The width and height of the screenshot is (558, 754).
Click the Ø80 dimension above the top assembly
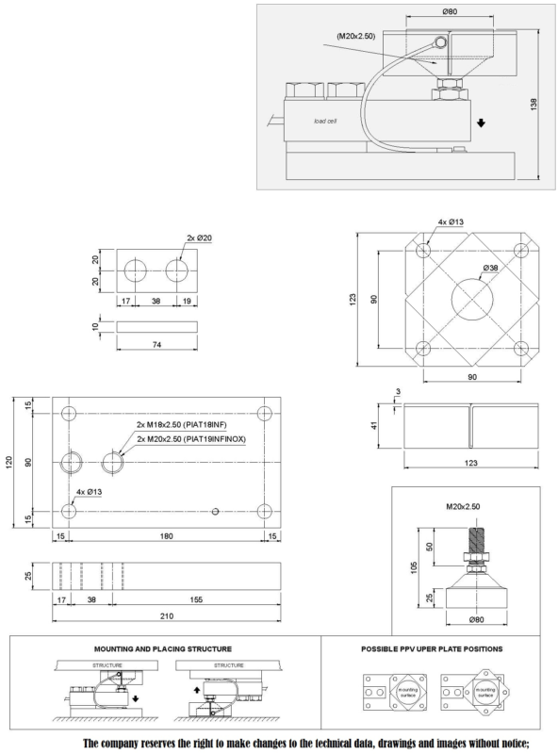(x=450, y=11)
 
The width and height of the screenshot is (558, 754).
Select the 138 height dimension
(x=533, y=105)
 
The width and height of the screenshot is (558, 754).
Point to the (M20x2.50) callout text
(x=356, y=36)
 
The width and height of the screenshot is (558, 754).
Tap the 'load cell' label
(x=325, y=121)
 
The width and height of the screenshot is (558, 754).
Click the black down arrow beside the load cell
(x=481, y=123)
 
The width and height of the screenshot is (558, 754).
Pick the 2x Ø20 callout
(x=199, y=238)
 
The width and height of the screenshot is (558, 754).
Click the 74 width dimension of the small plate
(x=156, y=344)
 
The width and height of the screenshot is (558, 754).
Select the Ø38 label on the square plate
(x=490, y=268)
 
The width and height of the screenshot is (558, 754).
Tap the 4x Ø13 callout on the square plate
(x=451, y=221)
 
